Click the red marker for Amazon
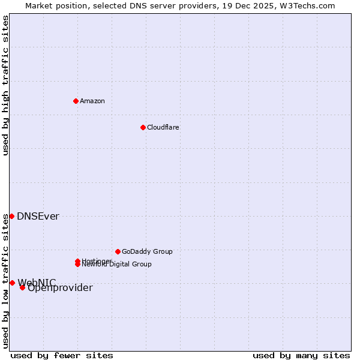click(x=76, y=101)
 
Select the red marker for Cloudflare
click(x=143, y=127)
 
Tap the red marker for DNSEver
click(x=11, y=216)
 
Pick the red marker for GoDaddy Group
click(x=118, y=251)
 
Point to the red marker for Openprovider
click(x=22, y=287)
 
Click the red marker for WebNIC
click(x=12, y=283)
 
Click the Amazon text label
click(x=92, y=101)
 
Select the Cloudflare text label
click(x=163, y=127)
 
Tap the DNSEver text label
click(x=38, y=217)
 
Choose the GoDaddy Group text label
click(x=147, y=251)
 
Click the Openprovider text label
click(x=60, y=288)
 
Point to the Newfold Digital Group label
click(x=117, y=265)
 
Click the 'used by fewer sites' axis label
click(x=62, y=355)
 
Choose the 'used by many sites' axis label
click(x=301, y=355)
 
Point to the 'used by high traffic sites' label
click(x=5, y=85)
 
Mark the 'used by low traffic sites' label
click(x=5, y=281)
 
